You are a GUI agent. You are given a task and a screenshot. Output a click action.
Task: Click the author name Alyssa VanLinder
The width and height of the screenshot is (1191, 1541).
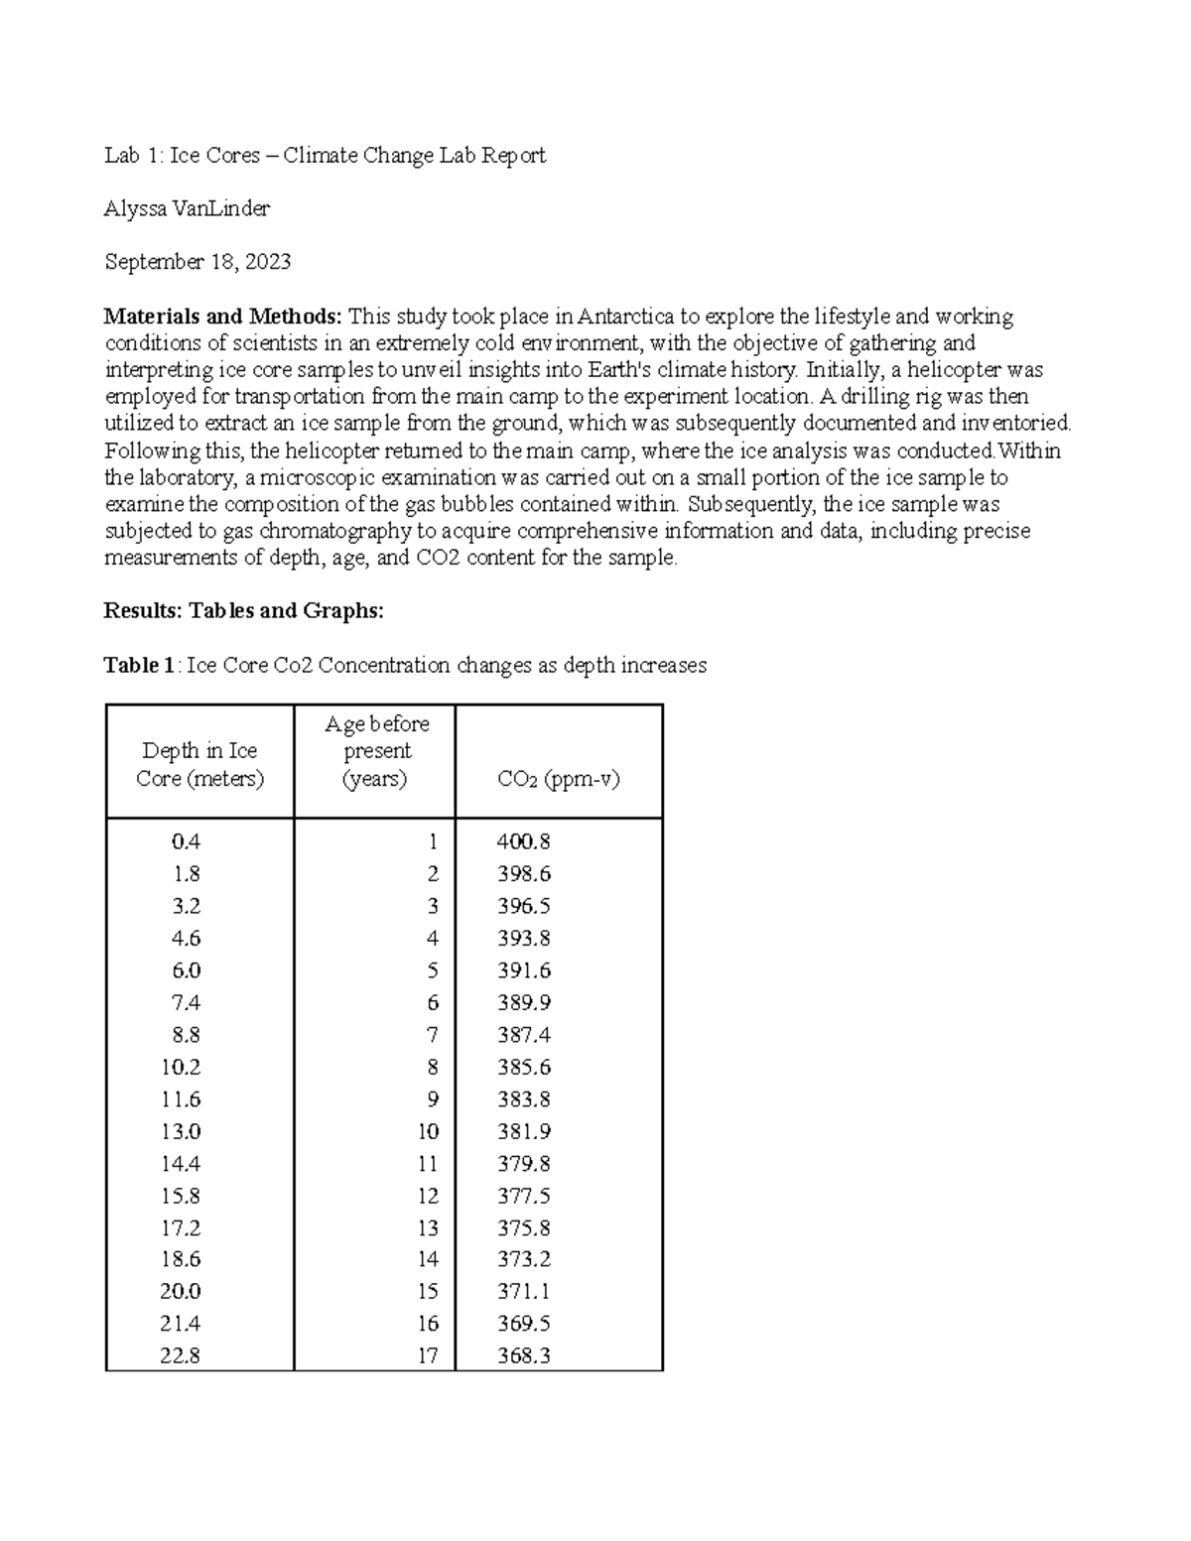click(187, 208)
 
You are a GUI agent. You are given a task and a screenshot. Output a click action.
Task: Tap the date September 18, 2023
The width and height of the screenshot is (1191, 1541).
click(198, 262)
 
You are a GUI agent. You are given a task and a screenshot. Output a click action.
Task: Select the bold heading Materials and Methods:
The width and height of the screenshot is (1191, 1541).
click(222, 317)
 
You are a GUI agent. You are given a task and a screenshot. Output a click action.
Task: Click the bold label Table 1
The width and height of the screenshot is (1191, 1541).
click(139, 665)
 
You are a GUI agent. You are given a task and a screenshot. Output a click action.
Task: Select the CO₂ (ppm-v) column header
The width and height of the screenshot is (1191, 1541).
click(558, 779)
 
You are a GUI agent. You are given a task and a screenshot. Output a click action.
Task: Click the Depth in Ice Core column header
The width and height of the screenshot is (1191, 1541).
click(199, 764)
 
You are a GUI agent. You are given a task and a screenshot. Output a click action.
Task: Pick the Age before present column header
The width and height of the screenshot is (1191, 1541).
click(376, 751)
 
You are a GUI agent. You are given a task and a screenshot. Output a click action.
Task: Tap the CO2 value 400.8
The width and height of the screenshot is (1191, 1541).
click(523, 841)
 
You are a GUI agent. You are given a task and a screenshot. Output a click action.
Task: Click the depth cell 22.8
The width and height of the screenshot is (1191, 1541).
click(181, 1355)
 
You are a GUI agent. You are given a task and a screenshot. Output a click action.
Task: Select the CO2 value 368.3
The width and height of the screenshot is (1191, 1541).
click(523, 1355)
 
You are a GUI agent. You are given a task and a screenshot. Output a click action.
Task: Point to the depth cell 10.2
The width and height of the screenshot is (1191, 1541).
click(181, 1067)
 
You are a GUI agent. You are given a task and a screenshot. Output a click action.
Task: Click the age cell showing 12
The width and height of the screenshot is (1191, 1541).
click(428, 1196)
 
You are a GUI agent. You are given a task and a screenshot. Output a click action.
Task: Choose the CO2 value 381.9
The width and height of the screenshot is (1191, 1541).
click(523, 1131)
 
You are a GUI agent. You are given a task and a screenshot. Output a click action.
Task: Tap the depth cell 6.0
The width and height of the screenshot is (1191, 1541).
click(186, 970)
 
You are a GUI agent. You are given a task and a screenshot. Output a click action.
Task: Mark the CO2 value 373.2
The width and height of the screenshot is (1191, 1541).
click(523, 1259)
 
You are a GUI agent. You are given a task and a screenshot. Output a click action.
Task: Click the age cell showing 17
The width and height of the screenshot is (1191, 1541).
click(428, 1355)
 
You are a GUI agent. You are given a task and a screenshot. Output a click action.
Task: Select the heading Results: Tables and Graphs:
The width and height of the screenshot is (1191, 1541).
click(243, 611)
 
